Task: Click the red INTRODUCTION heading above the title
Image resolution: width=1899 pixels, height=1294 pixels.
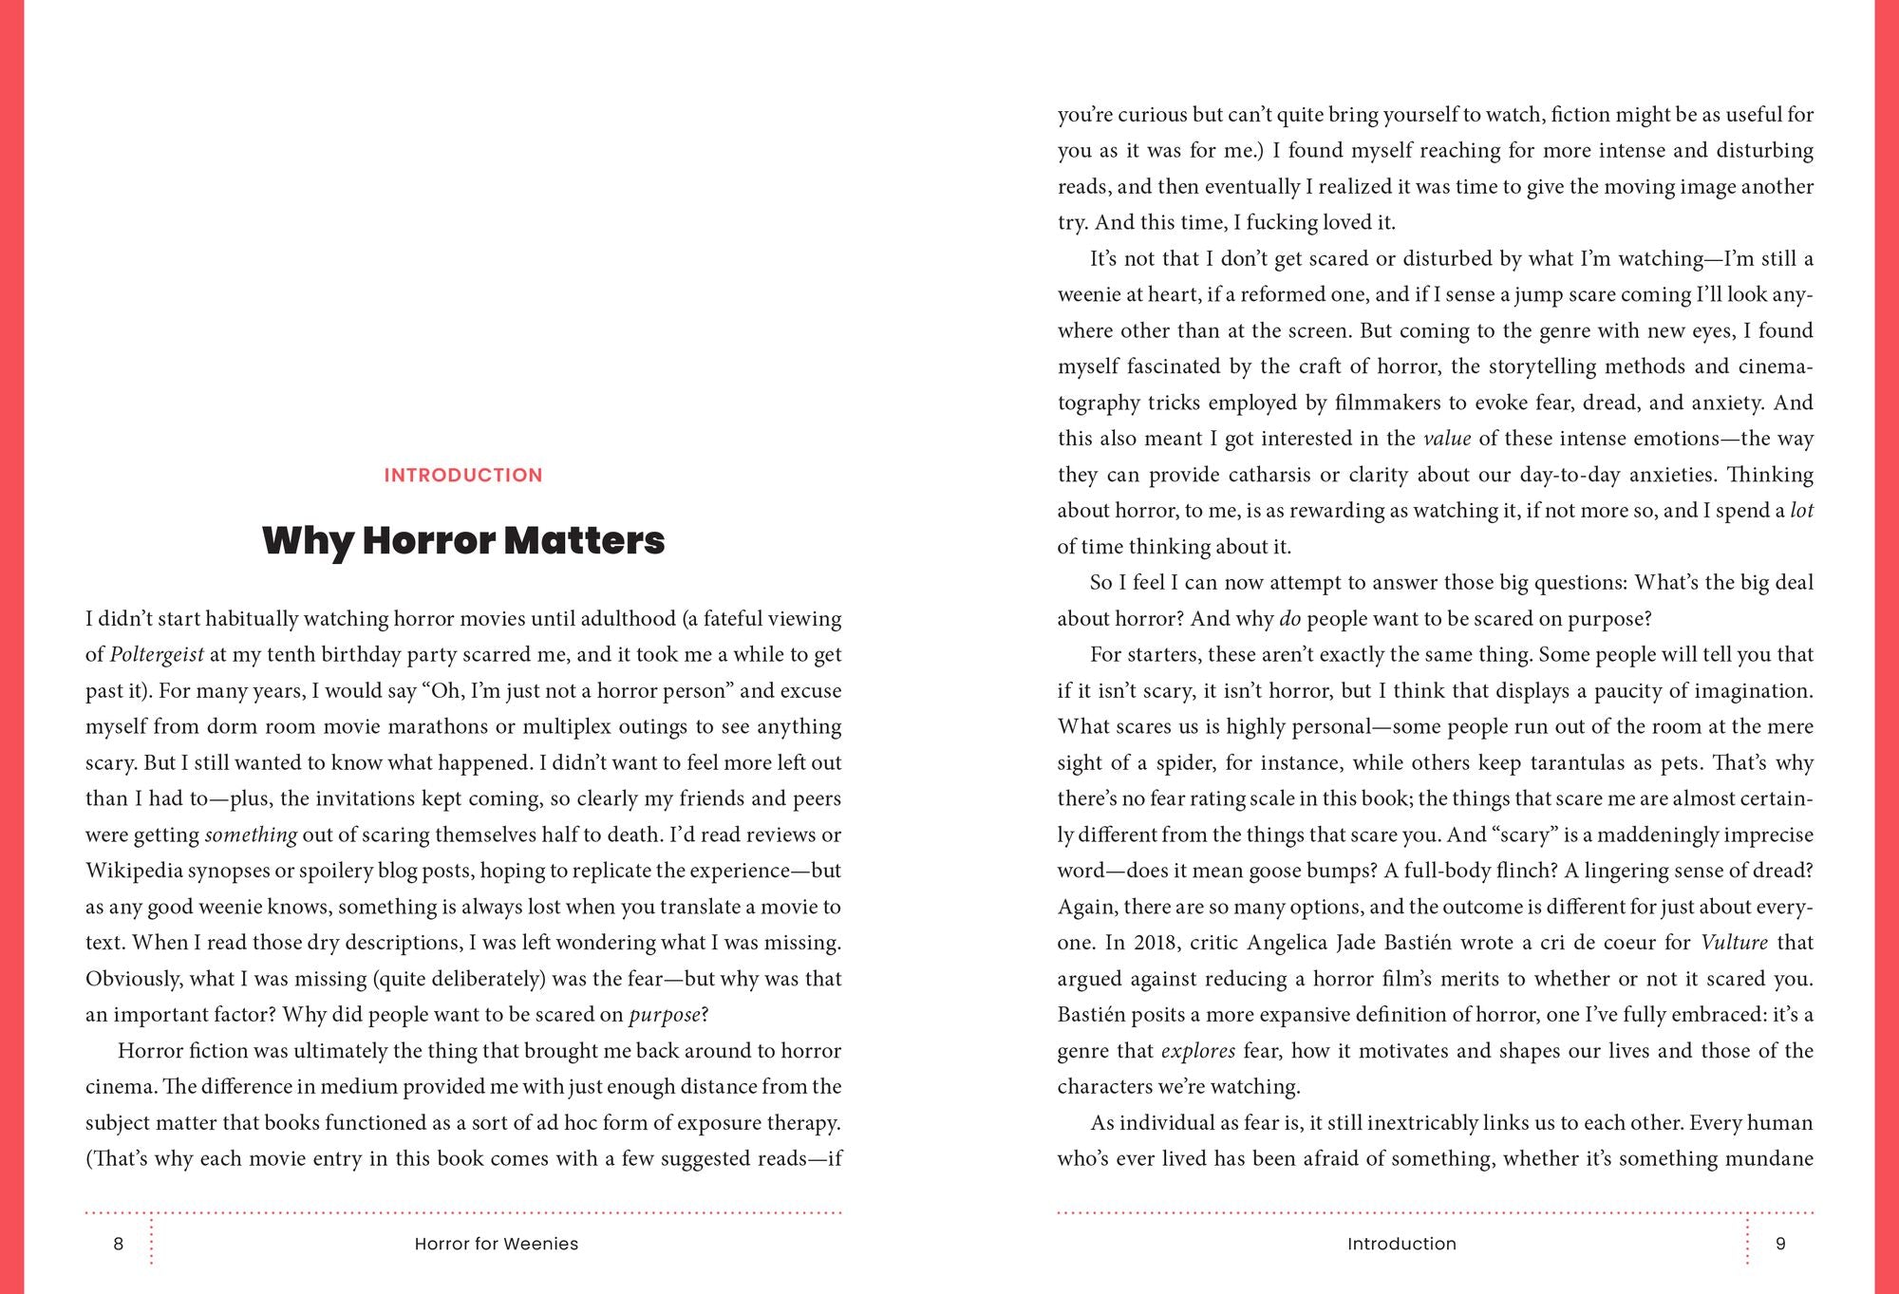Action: [x=463, y=476]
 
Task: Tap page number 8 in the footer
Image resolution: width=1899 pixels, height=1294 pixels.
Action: [x=119, y=1244]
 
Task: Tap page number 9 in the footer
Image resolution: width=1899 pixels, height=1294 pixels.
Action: [x=1780, y=1244]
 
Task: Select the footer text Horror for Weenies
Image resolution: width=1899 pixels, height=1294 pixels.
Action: [x=496, y=1244]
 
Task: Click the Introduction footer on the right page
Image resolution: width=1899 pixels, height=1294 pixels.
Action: [x=1401, y=1244]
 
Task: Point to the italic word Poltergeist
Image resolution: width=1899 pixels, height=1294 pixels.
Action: [x=157, y=655]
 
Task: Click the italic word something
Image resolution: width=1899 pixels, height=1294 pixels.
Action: [x=251, y=835]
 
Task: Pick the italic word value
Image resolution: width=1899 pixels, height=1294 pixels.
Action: [x=1447, y=439]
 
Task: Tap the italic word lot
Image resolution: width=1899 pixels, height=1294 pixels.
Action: [x=1801, y=511]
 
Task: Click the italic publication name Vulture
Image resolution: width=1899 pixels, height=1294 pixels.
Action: [x=1734, y=943]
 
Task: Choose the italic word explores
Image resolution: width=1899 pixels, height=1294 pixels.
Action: [x=1198, y=1051]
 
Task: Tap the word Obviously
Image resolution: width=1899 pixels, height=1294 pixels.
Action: [x=132, y=979]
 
